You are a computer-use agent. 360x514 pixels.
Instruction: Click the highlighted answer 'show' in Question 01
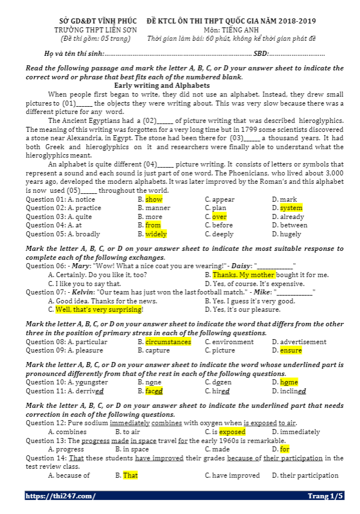[x=154, y=199]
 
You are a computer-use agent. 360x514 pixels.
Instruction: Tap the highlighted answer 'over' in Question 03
[x=219, y=217]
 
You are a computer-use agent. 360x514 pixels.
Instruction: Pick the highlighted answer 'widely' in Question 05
[x=156, y=234]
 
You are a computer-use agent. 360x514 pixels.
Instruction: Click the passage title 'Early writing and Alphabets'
[x=162, y=85]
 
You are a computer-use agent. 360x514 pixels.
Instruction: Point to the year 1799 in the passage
[x=248, y=129]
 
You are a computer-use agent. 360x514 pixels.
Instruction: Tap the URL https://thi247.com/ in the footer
[x=60, y=496]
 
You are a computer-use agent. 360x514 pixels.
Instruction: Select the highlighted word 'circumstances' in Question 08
[x=168, y=342]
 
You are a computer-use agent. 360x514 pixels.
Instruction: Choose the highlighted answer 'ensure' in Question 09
[x=291, y=350]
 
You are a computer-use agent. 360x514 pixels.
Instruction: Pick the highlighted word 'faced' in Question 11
[x=154, y=391]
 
